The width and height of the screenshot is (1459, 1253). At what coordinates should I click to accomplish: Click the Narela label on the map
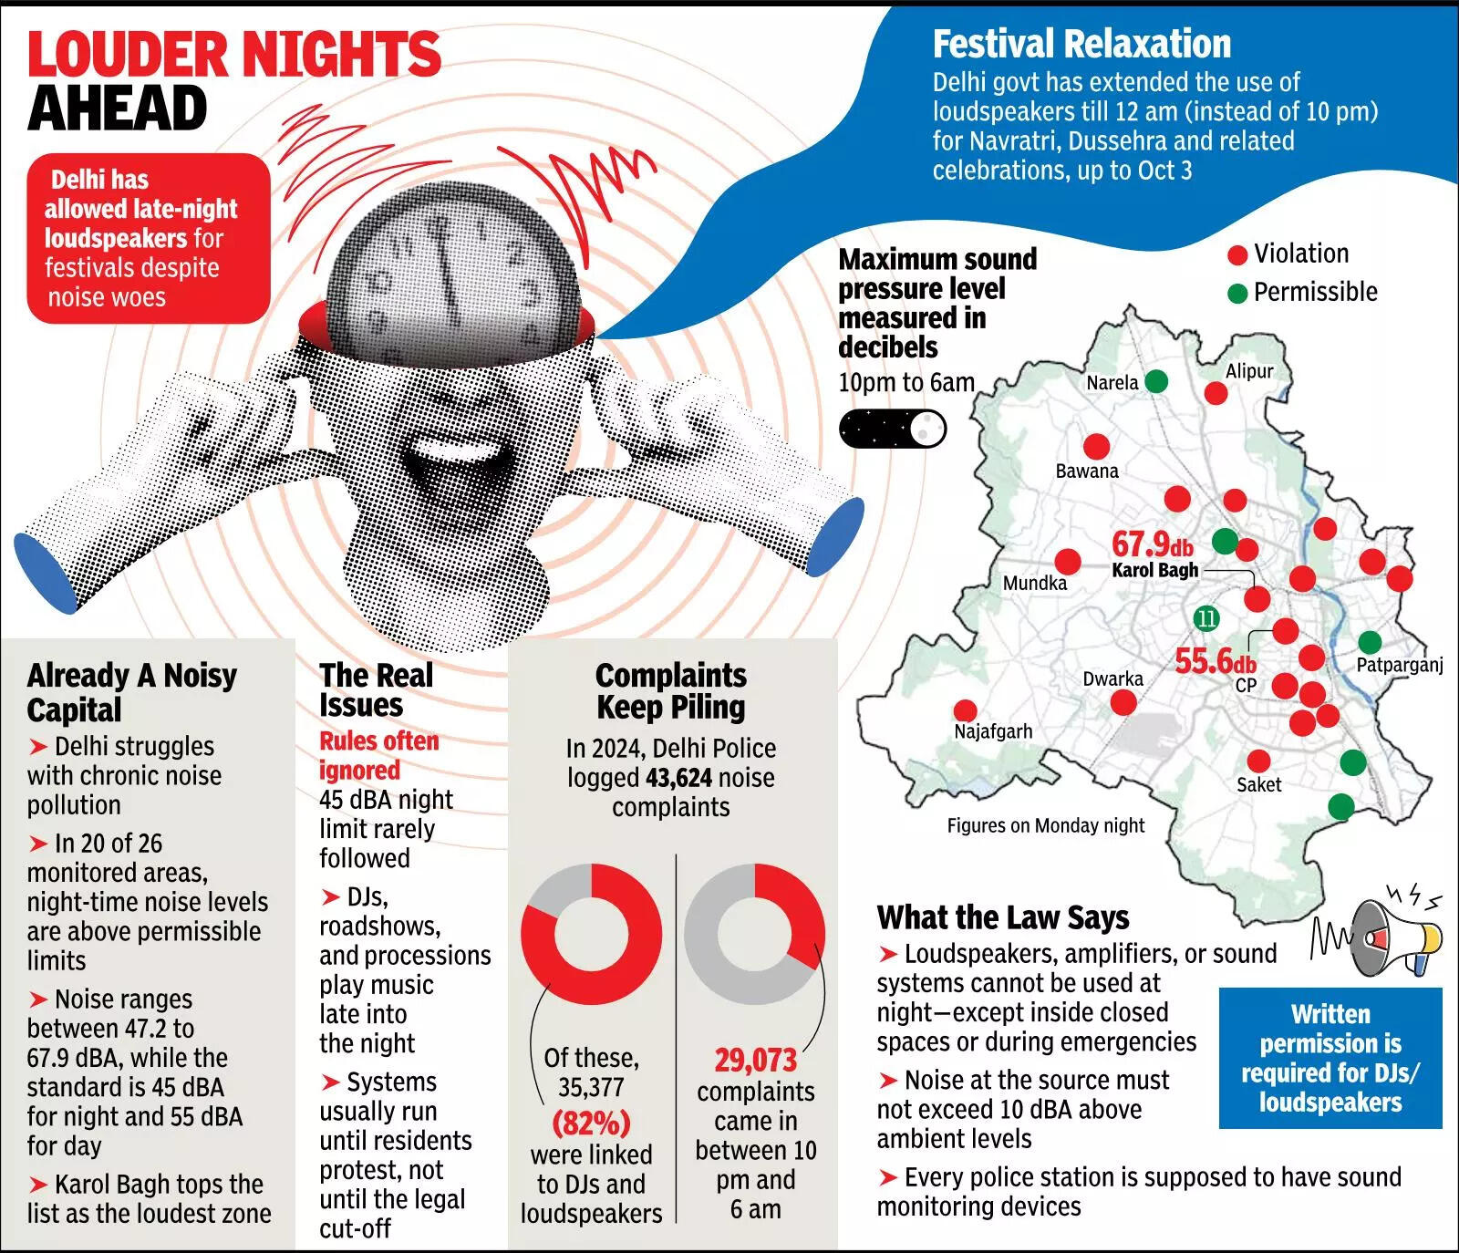pos(1112,383)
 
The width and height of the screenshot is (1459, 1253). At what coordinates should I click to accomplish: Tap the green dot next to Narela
pos(1155,381)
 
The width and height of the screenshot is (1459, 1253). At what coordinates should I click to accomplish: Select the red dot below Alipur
pos(1216,393)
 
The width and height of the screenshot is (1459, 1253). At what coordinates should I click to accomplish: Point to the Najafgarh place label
pos(993,731)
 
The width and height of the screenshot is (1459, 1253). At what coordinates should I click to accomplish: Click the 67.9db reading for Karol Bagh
pos(1152,544)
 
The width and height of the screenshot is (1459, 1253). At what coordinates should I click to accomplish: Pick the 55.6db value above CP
pos(1215,660)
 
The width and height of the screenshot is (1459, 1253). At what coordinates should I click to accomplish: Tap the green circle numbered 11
pos(1206,618)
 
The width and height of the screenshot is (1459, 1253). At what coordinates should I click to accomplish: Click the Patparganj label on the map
pos(1399,665)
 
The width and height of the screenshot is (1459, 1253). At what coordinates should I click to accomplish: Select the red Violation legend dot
pos(1237,255)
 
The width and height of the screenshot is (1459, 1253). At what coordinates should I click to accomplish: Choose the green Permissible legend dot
pos(1237,294)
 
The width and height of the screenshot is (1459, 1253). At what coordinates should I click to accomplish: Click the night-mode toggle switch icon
pos(892,428)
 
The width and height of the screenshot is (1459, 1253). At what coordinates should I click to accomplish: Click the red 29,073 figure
pos(755,1061)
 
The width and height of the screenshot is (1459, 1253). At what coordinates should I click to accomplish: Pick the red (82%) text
pos(591,1123)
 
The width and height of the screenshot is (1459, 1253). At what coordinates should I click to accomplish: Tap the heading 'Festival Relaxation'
pos(1081,44)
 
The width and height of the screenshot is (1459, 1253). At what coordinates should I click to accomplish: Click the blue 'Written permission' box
pos(1330,1058)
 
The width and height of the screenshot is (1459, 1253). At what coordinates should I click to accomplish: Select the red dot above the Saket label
pos(1258,761)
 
